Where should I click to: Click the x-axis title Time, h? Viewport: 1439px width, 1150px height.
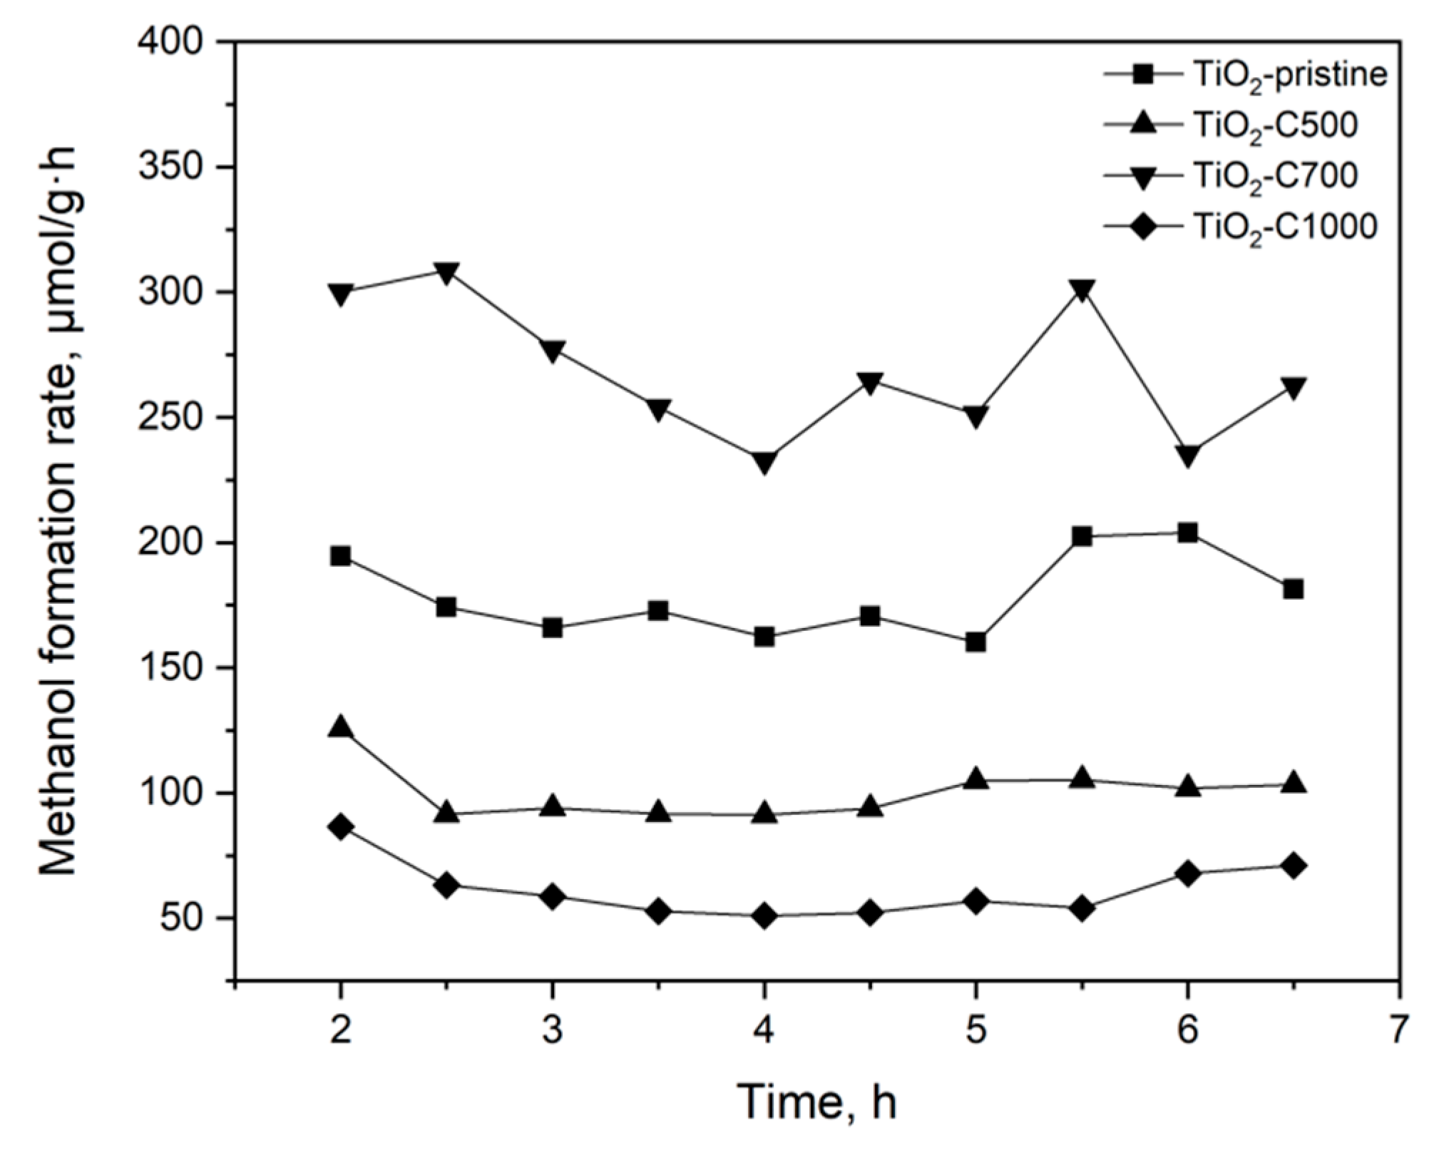816,1102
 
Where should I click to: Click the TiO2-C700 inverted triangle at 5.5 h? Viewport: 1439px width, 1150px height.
1082,290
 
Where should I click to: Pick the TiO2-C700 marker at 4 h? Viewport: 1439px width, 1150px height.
764,463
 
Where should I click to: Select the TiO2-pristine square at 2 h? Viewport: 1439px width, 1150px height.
341,556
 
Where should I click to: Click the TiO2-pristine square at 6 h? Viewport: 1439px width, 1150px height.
1187,533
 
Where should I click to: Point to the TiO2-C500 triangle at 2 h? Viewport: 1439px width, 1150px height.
341,727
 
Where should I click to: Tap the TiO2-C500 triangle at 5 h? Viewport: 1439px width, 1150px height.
975,779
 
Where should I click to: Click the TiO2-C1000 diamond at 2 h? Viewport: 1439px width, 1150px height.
341,827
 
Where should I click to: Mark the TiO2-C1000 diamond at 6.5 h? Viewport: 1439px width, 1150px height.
1293,866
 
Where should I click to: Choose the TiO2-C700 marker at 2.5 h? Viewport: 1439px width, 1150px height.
446,273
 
